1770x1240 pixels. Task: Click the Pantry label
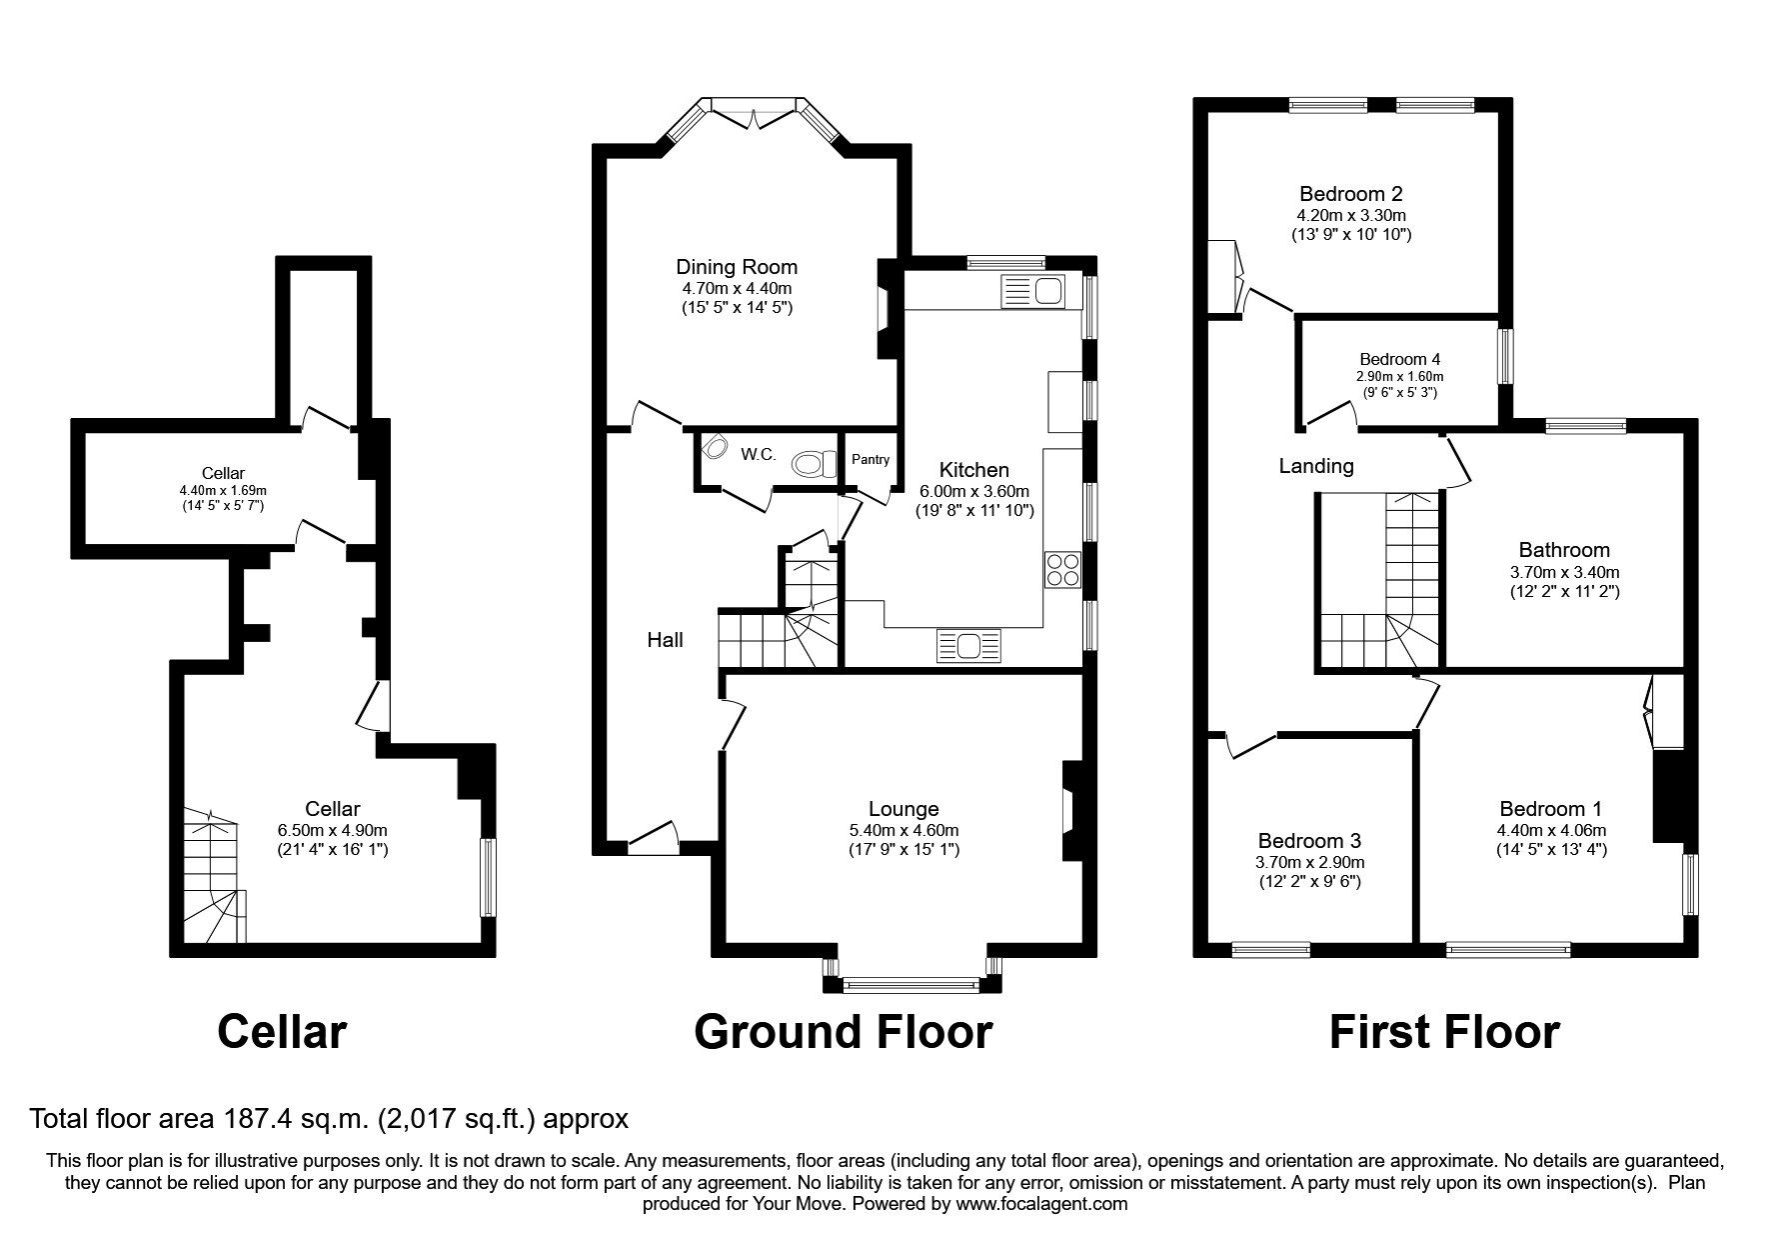tap(870, 459)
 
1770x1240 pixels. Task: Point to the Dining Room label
tap(737, 267)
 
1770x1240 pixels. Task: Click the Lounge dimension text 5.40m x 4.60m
tap(903, 830)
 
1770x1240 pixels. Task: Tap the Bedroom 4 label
tap(1399, 359)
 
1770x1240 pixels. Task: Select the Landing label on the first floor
tap(1316, 466)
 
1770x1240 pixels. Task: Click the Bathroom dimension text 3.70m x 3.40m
tap(1563, 573)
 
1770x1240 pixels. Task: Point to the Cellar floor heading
tap(282, 1031)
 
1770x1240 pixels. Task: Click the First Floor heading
tap(1443, 1031)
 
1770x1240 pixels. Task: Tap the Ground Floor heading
tap(843, 1031)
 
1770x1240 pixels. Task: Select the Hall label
tap(665, 640)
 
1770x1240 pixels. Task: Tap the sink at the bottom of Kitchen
tap(968, 646)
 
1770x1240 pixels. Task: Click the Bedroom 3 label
tap(1309, 841)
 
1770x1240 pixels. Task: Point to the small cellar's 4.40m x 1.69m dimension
tap(222, 490)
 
